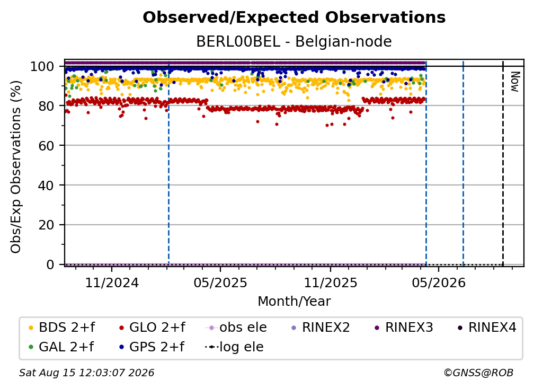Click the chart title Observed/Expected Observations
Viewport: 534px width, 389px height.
[294, 17]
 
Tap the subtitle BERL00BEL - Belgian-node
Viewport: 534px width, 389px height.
[294, 41]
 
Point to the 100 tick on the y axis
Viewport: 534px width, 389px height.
[42, 66]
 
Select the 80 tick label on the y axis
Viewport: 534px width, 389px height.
[46, 106]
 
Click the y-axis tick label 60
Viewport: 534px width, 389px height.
[46, 146]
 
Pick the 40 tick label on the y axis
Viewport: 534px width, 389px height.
[46, 185]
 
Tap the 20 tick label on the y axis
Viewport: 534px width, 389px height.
[46, 225]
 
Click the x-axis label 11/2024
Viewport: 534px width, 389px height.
[112, 283]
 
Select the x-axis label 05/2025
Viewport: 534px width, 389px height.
[220, 283]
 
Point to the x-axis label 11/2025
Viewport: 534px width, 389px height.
[331, 283]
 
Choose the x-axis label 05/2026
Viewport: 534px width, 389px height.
[439, 283]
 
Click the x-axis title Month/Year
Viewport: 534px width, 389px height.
[294, 302]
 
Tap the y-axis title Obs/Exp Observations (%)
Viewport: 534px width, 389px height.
[16, 167]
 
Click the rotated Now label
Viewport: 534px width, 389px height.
[514, 82]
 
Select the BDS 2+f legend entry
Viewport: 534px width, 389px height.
[61, 328]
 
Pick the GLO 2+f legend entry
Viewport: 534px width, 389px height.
[152, 328]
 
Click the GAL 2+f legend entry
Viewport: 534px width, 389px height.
[61, 347]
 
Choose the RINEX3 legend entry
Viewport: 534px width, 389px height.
[404, 328]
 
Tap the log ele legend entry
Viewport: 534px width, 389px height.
[234, 347]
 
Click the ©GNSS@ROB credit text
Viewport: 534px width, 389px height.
[478, 373]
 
